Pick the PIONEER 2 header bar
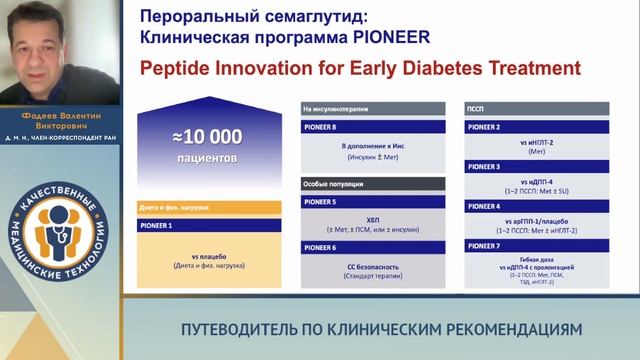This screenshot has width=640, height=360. coord(540,128)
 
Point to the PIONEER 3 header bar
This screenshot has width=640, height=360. coord(540,167)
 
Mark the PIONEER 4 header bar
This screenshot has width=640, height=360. coord(540,206)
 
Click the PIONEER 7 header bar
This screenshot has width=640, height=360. coord(540,245)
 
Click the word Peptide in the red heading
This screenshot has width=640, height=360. coord(172,69)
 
